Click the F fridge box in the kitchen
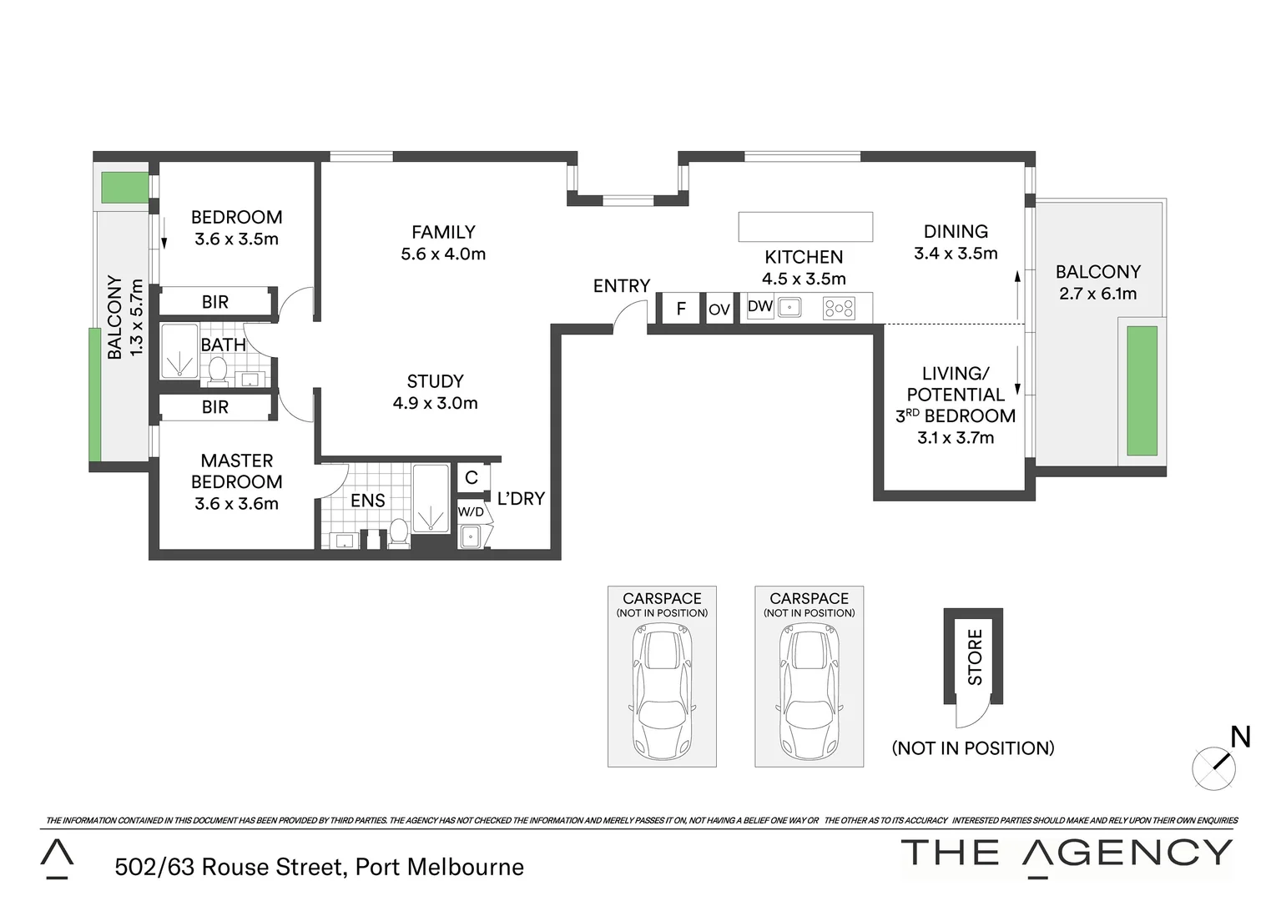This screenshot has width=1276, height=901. point(681,309)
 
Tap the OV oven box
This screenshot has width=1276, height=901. point(719,310)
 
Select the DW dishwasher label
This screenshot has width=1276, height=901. point(759,306)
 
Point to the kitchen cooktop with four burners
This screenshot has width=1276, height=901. point(839,309)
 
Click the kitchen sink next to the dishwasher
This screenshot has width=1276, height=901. point(789,308)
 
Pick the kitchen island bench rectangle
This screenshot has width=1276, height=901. point(805,227)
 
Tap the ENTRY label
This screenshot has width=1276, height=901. point(622,286)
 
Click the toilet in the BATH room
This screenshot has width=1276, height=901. point(219,370)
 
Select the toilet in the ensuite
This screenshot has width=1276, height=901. point(399,533)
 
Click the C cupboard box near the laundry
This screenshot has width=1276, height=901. point(472,478)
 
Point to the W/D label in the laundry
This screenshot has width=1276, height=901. point(471,511)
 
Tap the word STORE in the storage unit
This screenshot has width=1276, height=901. point(975,657)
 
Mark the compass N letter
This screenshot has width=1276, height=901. point(1241,737)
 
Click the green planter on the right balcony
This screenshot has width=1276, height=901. point(1142,390)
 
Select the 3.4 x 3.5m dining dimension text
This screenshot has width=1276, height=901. point(956,254)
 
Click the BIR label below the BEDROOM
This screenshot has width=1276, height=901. point(215,302)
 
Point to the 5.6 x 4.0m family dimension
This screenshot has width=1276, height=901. point(443,254)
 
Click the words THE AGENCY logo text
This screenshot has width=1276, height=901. point(1067,853)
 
